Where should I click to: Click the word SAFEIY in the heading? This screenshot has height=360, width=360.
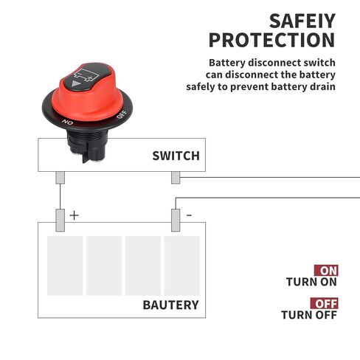click(302, 21)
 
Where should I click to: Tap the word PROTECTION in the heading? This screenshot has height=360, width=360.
click(271, 40)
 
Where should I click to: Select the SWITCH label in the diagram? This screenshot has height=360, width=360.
click(176, 156)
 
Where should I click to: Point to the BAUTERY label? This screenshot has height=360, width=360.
click(170, 305)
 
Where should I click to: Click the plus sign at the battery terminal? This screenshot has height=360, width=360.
click(74, 215)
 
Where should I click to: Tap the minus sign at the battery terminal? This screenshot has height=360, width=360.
click(189, 215)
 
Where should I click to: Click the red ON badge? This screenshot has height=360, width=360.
click(326, 271)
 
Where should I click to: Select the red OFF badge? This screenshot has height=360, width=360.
click(324, 303)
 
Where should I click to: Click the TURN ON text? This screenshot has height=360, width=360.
click(311, 282)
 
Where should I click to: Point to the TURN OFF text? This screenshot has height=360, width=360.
click(309, 315)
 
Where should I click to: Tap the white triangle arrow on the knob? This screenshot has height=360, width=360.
click(76, 84)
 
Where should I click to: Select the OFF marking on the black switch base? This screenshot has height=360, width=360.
click(122, 114)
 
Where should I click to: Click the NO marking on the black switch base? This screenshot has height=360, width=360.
click(67, 122)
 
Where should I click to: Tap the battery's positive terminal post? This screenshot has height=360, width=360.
click(60, 221)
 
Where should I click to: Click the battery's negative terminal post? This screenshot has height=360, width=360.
click(176, 221)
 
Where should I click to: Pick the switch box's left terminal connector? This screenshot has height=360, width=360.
click(60, 178)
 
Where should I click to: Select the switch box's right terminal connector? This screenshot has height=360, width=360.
click(176, 178)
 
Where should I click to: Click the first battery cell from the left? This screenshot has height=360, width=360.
click(65, 266)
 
